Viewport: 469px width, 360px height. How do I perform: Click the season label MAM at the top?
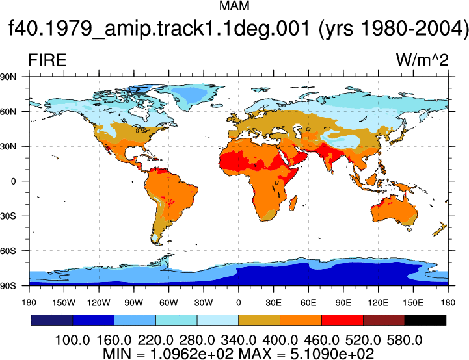click(x=234, y=6)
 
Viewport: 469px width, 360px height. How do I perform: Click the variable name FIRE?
click(x=47, y=60)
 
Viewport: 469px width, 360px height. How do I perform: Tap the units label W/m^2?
click(x=422, y=60)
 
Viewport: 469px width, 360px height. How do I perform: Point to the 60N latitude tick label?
click(x=8, y=112)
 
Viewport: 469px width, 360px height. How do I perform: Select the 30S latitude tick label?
click(x=8, y=216)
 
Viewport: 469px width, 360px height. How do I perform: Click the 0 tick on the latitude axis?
click(x=13, y=181)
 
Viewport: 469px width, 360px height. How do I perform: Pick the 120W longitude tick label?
click(x=99, y=303)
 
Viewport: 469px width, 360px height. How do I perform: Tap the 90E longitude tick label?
click(x=343, y=303)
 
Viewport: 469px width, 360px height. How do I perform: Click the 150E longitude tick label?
click(x=413, y=303)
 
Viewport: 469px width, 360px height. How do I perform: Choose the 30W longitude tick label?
click(x=204, y=303)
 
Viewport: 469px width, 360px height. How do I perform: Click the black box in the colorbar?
click(x=425, y=320)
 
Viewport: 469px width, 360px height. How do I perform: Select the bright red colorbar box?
click(x=342, y=320)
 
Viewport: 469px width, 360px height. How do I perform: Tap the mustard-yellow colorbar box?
click(x=259, y=320)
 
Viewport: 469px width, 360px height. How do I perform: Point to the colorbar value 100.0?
click(x=72, y=340)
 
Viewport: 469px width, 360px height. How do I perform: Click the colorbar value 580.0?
click(x=405, y=340)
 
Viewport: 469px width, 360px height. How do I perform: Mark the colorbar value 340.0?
click(x=238, y=340)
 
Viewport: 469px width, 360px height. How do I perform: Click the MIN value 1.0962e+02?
click(x=191, y=354)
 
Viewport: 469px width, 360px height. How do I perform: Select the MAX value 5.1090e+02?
click(x=332, y=354)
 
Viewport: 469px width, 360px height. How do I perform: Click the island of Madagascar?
click(x=293, y=203)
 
